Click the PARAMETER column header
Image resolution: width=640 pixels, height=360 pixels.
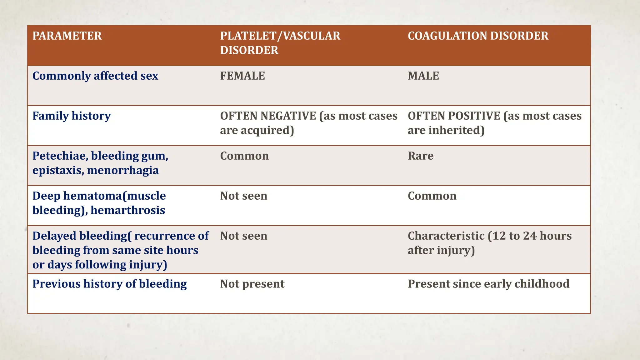tap(67, 36)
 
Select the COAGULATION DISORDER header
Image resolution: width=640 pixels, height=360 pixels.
tap(478, 36)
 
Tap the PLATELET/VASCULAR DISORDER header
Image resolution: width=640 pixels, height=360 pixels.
tap(280, 43)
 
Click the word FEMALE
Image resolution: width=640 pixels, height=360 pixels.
tap(242, 76)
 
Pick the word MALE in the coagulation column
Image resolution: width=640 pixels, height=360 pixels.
tap(423, 76)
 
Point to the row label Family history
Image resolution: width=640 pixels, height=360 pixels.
tap(72, 116)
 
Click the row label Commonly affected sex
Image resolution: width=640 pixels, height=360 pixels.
tap(95, 76)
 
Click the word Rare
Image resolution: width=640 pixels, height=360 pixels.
tap(420, 156)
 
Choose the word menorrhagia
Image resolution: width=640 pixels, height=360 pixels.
tap(123, 170)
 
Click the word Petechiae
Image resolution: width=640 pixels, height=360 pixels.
tap(59, 156)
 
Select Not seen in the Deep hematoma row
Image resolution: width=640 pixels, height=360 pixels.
tap(244, 196)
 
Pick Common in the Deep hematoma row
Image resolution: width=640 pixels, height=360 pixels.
tap(432, 196)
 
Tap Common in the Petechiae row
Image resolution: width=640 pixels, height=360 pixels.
tap(244, 156)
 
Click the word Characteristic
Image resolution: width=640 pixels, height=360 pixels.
tap(446, 236)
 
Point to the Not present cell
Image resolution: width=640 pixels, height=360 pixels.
tap(252, 284)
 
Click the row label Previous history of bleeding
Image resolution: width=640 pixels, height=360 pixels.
tap(109, 284)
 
